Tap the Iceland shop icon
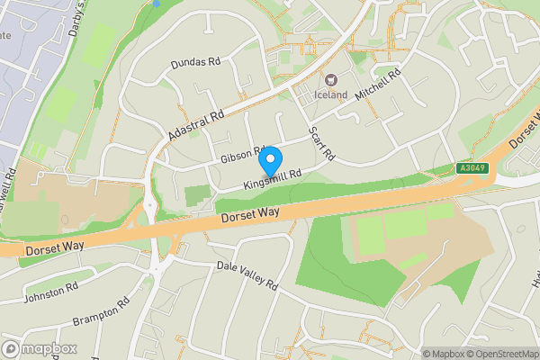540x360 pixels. click(x=329, y=80)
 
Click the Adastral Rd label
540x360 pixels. click(x=195, y=126)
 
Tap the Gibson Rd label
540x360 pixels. click(x=240, y=155)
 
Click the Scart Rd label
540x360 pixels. click(x=321, y=142)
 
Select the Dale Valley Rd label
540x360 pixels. click(x=247, y=274)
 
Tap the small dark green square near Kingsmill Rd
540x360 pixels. click(x=197, y=195)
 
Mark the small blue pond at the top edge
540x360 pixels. click(x=156, y=4)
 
